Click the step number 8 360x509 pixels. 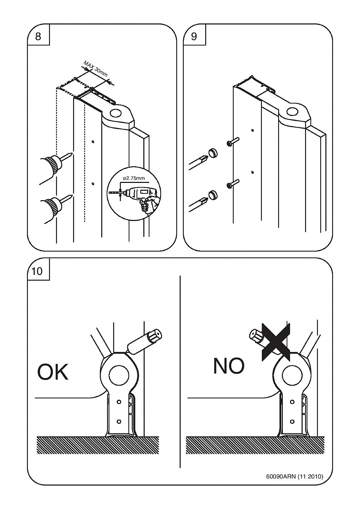click(x=38, y=36)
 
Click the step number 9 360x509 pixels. click(x=194, y=36)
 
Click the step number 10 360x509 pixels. click(x=37, y=271)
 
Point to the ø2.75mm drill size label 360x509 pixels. click(x=134, y=178)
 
